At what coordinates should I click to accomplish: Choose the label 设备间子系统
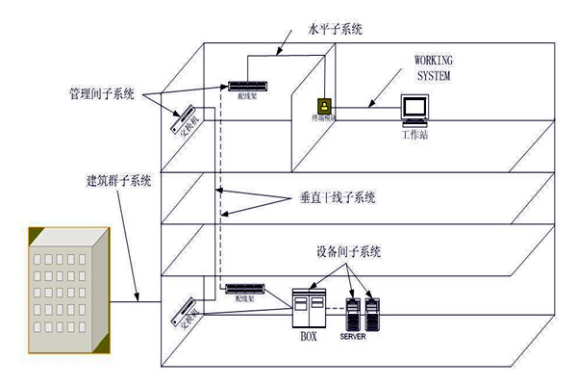pos(349,252)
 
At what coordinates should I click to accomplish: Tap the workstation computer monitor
pos(414,107)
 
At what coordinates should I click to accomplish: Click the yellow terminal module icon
pos(324,104)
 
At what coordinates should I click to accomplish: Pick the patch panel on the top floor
pos(245,86)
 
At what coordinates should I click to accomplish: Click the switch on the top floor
pos(187,121)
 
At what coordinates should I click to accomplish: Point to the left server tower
pos(353,311)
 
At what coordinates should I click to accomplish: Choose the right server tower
pos(374,311)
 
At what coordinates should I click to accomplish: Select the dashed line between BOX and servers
pos(336,309)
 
